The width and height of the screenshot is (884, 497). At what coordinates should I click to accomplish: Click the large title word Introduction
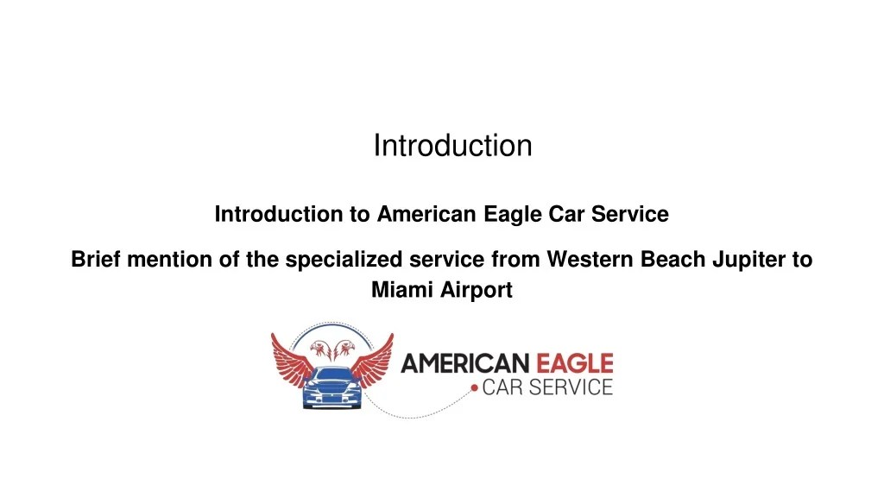coord(452,146)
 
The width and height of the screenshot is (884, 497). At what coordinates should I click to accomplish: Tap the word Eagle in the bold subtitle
coord(515,214)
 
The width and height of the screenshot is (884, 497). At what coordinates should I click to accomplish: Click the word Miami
coord(403,291)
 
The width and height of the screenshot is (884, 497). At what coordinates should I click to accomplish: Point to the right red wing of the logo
coord(374,360)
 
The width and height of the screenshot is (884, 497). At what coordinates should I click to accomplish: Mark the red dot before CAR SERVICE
coord(474,389)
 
